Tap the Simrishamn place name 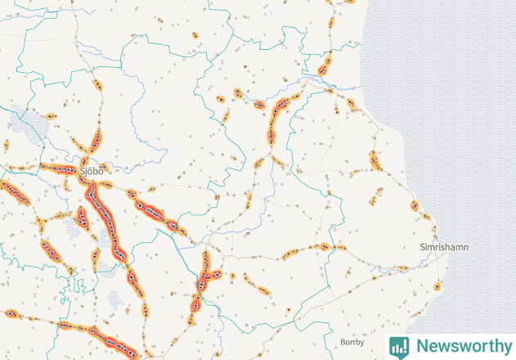[x=444, y=246]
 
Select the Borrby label [x=352, y=342]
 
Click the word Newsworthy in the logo [x=460, y=346]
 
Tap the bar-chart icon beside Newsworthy [x=399, y=346]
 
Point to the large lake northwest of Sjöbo [x=28, y=123]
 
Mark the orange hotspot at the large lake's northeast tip [x=50, y=116]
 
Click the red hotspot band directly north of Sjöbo [x=96, y=142]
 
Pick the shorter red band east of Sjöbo [x=154, y=211]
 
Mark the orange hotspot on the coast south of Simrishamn [x=438, y=286]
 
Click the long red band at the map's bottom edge [x=106, y=337]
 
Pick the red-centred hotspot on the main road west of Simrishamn [x=325, y=245]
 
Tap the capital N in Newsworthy [x=421, y=346]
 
